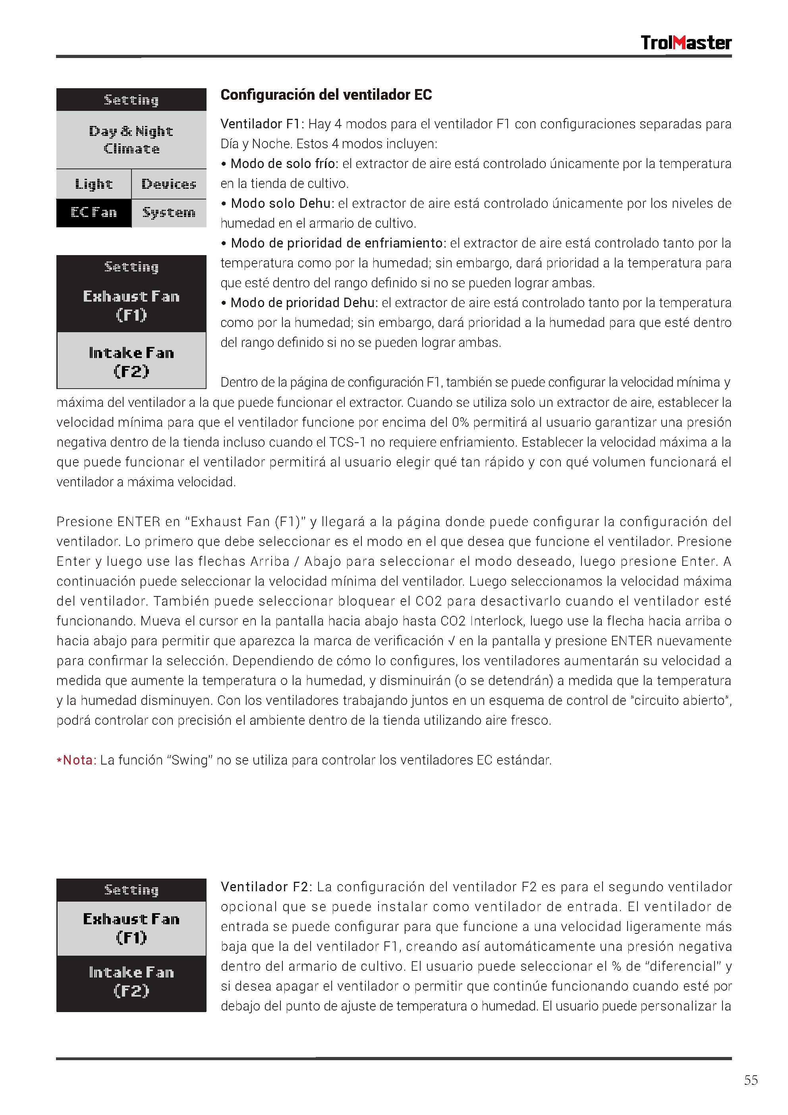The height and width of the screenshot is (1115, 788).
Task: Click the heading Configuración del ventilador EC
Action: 326,95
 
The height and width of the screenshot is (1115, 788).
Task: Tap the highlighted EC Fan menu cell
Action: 94,213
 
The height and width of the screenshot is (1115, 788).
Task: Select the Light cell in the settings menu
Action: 94,184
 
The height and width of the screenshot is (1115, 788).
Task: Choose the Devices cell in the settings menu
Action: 169,184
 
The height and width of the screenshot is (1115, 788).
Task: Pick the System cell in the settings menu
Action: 169,213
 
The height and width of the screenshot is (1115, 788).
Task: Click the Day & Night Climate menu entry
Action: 131,140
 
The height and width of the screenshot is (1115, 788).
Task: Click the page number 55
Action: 751,1080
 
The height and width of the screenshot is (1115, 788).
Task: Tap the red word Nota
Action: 79,760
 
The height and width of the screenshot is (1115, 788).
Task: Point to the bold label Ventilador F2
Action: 265,887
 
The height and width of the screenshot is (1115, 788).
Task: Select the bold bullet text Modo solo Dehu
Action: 281,203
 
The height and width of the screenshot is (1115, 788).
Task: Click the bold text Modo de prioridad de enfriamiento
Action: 337,243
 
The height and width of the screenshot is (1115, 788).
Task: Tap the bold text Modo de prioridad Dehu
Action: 303,303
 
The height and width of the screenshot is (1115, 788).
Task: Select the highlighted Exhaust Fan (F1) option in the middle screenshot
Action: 131,305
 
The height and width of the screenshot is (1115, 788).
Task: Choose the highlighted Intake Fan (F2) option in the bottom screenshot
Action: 131,981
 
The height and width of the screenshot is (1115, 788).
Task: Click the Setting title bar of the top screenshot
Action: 131,100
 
